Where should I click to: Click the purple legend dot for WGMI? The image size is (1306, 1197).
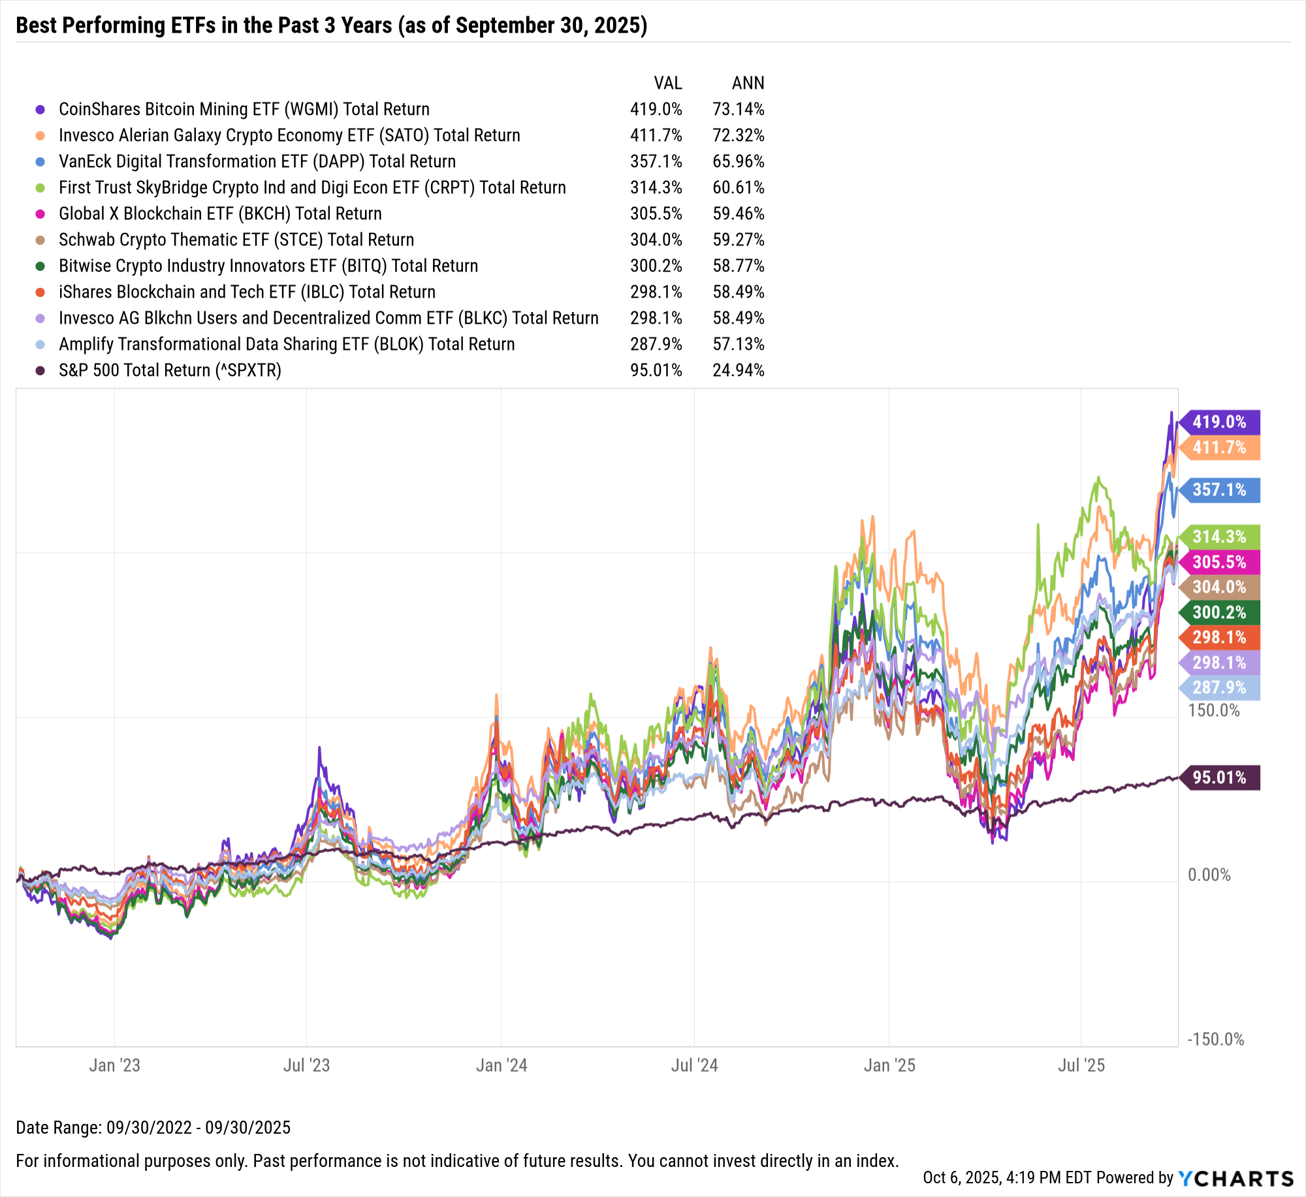click(40, 110)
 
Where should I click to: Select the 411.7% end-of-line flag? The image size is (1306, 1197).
click(1219, 448)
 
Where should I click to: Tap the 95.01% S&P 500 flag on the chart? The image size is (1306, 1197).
click(1219, 777)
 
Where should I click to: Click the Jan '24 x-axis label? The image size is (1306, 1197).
click(502, 1066)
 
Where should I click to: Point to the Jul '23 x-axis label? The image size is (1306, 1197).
click(306, 1066)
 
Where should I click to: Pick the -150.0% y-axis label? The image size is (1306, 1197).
click(1215, 1040)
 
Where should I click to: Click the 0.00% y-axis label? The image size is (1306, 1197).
click(1209, 875)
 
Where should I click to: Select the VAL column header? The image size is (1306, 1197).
click(668, 84)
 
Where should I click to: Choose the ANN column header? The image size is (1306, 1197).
click(748, 84)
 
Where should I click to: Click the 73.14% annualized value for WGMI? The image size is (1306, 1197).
click(739, 110)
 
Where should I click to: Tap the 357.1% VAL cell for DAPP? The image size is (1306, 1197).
click(656, 162)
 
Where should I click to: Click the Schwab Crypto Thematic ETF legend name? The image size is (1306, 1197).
click(236, 240)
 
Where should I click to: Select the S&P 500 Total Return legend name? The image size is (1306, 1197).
click(170, 371)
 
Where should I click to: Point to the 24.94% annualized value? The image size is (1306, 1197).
click(739, 371)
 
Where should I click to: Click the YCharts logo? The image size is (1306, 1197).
click(1236, 1178)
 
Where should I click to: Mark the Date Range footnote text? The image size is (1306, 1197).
click(153, 1127)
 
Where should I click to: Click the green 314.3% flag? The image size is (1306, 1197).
click(1219, 536)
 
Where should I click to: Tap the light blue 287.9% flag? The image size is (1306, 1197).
click(1219, 687)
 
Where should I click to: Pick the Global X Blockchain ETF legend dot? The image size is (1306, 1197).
click(40, 214)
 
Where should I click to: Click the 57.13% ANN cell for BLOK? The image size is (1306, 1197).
click(739, 345)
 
